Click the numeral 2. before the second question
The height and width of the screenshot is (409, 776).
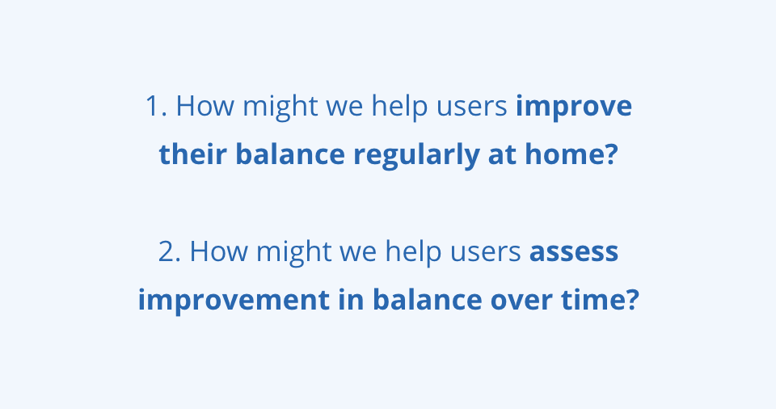click(x=170, y=251)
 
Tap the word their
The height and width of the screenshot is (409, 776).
click(x=193, y=154)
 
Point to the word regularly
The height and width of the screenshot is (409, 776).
click(x=416, y=156)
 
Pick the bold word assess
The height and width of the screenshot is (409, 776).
click(x=574, y=252)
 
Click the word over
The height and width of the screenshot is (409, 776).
click(x=521, y=301)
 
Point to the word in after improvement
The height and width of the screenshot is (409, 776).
click(x=352, y=300)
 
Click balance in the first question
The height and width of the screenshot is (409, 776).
click(x=290, y=154)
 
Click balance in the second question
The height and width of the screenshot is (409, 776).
click(x=427, y=300)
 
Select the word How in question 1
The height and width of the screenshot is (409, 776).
click(x=205, y=106)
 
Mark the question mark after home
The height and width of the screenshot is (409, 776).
click(x=612, y=154)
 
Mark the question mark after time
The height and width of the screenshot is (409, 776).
click(x=633, y=300)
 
